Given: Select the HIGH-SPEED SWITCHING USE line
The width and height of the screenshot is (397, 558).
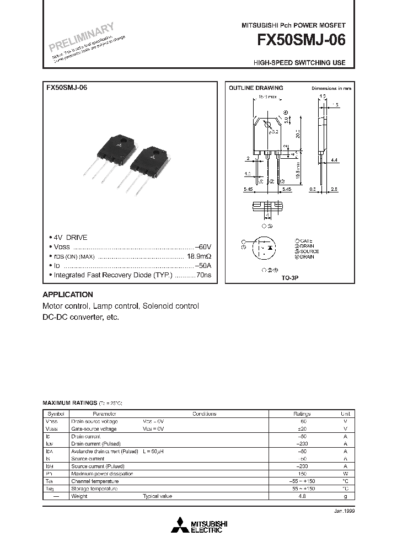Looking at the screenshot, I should coord(299,63).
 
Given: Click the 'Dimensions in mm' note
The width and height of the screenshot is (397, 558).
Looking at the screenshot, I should coord(331,88).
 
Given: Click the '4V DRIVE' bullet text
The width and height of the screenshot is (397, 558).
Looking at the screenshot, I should coord(70,237).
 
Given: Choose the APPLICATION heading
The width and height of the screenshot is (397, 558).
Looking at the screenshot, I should coord(68,294).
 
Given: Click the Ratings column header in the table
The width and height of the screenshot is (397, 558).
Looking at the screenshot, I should coord(302,414).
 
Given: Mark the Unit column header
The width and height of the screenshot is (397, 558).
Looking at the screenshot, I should coord(345,414).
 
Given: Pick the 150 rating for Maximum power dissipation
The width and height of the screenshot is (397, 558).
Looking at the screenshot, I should coord(302,474).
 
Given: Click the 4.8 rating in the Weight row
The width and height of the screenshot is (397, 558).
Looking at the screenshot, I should coord(302,496).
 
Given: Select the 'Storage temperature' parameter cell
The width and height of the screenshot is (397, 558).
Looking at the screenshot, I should coord(94,489).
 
